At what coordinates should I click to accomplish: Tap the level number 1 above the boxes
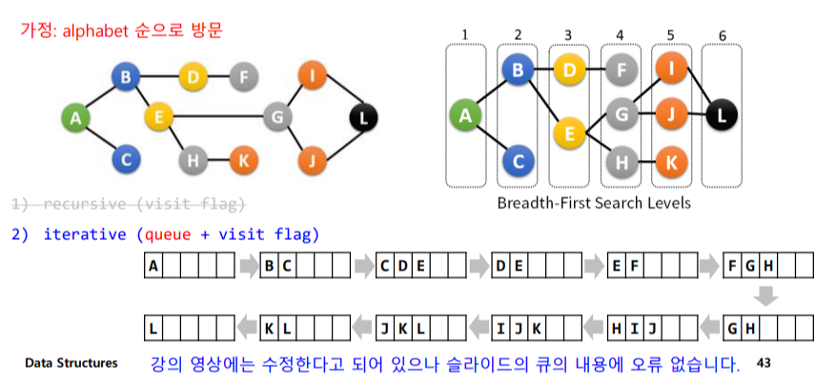coord(464,35)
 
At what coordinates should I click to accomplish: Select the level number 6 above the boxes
coord(722,35)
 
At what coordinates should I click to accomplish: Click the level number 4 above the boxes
coord(620,35)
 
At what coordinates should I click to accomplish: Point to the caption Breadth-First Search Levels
coord(594,203)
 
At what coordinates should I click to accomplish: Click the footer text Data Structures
coord(71,363)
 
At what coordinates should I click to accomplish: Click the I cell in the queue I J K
coord(501,329)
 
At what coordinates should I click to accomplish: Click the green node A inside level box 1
coord(465,115)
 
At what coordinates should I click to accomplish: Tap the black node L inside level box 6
coord(722,115)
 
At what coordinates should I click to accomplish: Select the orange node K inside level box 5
coord(670,163)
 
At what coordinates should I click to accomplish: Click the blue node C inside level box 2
coord(517,162)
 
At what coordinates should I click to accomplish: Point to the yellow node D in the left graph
coord(194,75)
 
